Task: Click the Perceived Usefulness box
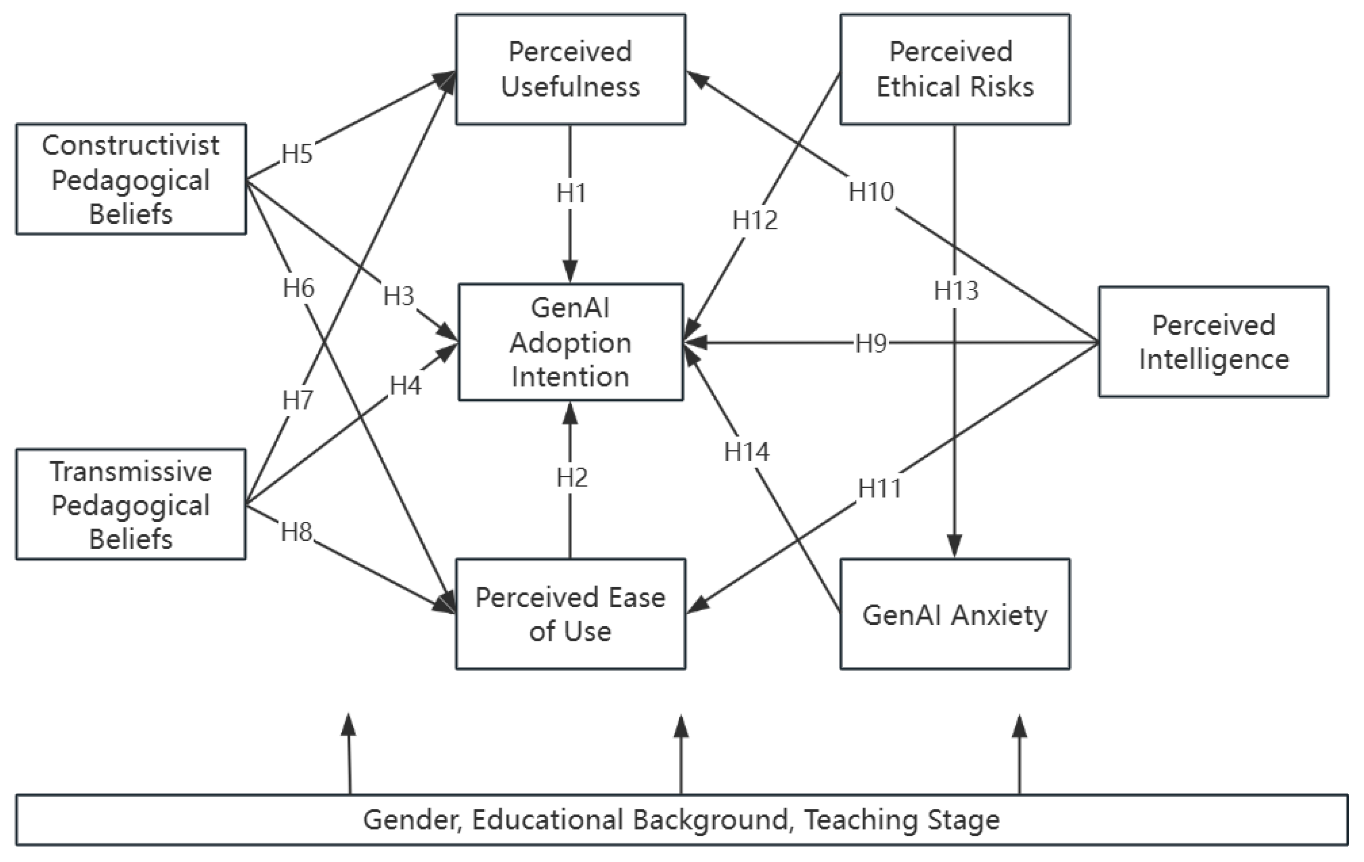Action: click(x=570, y=69)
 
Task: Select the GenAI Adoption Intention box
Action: click(x=570, y=342)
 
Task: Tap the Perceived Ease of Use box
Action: click(x=570, y=614)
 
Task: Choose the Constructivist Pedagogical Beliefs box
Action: click(x=131, y=179)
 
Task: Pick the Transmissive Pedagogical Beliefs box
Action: click(x=131, y=504)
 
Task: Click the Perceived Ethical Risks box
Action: click(x=955, y=69)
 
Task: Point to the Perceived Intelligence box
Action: click(x=1213, y=342)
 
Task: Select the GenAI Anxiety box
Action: click(x=955, y=614)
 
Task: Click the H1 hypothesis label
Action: click(x=571, y=194)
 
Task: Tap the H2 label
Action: click(x=571, y=478)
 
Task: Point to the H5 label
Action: click(x=297, y=154)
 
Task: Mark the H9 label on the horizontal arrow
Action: click(x=871, y=343)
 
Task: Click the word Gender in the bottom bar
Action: click(x=411, y=820)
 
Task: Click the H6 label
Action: click(x=298, y=288)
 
